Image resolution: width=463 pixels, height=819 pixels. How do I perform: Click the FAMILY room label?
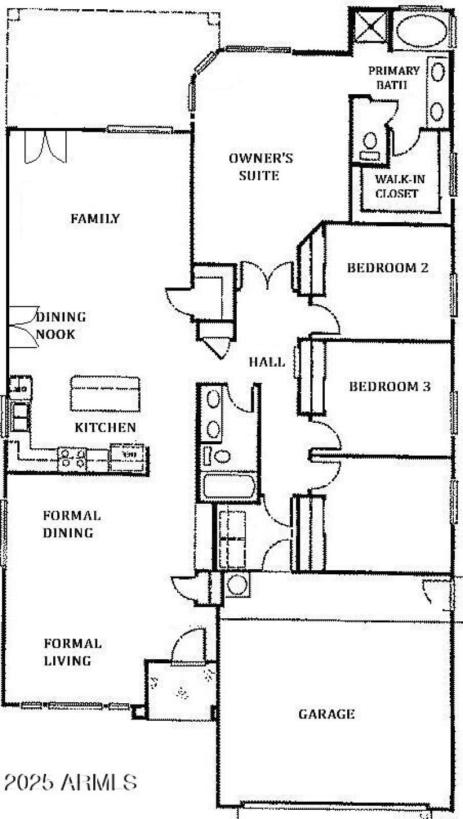95,219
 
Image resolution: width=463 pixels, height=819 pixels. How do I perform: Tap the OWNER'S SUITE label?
260,167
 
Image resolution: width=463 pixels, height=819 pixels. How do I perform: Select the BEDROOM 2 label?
388,268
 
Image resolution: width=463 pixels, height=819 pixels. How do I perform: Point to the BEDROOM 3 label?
389,386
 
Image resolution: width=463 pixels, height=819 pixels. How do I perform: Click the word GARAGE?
326,714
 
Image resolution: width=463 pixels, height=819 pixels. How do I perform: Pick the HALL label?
267,363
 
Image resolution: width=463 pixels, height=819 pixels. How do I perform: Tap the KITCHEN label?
105,427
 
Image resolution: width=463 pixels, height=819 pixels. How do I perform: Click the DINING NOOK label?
61,326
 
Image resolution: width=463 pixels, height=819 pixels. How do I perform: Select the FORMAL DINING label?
72,524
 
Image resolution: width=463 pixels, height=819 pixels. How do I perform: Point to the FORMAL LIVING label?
73,652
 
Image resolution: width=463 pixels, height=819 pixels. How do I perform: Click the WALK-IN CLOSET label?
396,186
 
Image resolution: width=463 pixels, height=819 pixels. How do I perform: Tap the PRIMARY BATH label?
394,78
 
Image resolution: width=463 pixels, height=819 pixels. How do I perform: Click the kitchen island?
105,393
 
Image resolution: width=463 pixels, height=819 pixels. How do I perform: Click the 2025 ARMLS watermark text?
69,783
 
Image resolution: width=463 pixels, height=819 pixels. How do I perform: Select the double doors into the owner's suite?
267,276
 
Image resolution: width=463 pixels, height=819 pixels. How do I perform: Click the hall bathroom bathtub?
229,485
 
